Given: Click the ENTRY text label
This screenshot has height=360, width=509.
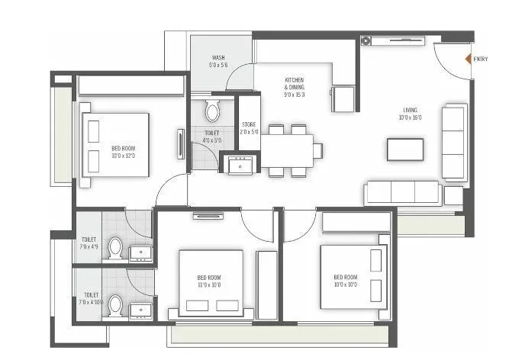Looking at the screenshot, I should click(x=481, y=59).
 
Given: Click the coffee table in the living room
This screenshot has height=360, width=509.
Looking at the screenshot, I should click(x=404, y=149).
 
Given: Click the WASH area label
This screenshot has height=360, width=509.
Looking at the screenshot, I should click(x=218, y=62).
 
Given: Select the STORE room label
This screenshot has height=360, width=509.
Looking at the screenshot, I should click(x=249, y=127).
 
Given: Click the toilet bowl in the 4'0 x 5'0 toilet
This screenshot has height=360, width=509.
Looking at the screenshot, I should click(x=212, y=112).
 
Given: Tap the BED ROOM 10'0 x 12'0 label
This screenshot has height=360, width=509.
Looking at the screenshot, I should click(x=124, y=152).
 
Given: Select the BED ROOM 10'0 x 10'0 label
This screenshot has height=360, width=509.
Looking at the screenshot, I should click(x=345, y=281).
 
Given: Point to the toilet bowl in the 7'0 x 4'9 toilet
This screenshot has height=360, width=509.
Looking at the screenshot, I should click(x=115, y=249).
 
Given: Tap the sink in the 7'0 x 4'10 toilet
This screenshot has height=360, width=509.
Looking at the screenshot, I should click(x=140, y=309).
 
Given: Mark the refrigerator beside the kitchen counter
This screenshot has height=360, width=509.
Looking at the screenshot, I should click(x=343, y=99).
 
